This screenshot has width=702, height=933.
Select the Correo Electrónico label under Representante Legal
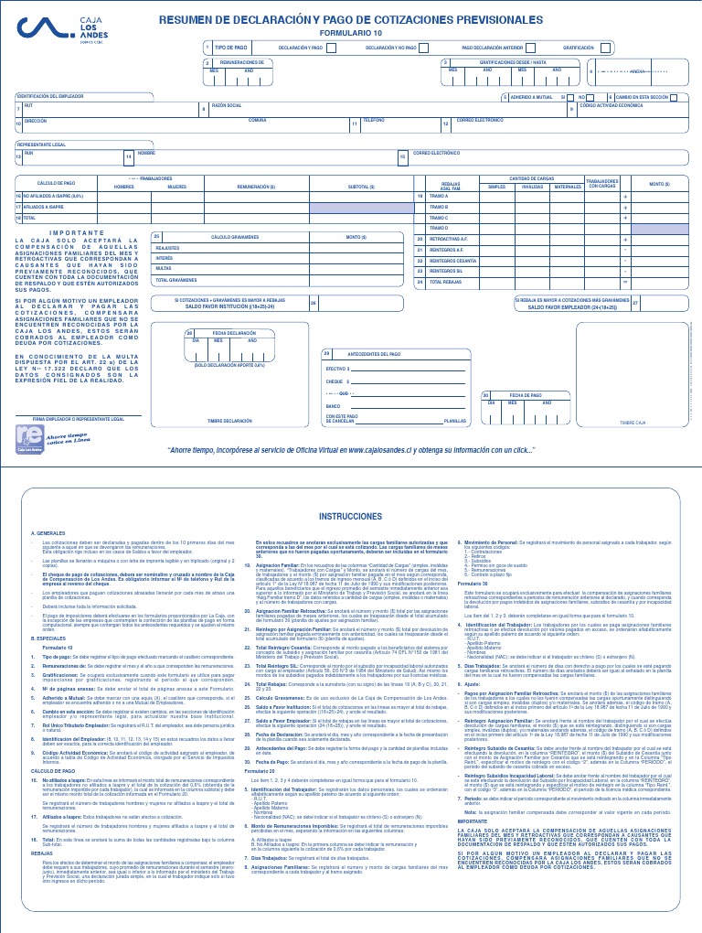437,153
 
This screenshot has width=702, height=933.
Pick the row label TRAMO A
440,196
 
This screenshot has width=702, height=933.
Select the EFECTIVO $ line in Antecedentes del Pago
339,368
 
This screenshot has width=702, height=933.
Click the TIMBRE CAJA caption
633,423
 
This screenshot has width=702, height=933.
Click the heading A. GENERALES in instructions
48,533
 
